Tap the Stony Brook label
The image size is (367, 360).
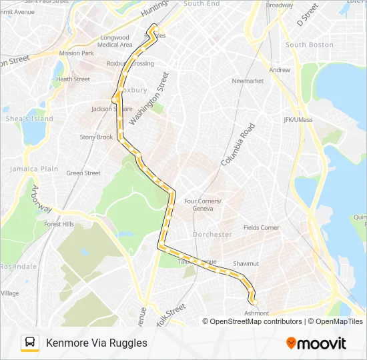97,137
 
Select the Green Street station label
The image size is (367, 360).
83,173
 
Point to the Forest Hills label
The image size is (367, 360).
59,225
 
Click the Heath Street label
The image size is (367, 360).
73,79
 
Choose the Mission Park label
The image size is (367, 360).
77,53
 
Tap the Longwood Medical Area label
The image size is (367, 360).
114,41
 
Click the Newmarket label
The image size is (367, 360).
248,81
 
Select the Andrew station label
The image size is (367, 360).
280,70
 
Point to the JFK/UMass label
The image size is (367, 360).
298,120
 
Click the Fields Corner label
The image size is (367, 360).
261,228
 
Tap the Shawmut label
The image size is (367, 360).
246,264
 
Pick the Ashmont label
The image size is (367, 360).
257,313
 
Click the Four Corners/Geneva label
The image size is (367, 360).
203,205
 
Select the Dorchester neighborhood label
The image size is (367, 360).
212,235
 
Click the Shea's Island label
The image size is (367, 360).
29,119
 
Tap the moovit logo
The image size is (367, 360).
316,343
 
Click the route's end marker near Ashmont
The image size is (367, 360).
254,302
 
